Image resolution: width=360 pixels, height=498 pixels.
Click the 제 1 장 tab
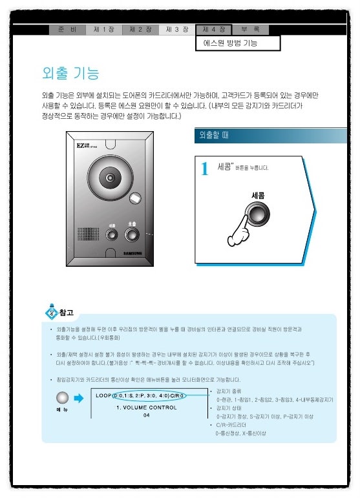(x=104, y=30)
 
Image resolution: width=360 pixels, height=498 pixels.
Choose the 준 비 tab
(x=67, y=30)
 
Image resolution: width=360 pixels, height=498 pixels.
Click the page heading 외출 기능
(x=70, y=73)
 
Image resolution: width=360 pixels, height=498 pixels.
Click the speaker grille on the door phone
(x=86, y=233)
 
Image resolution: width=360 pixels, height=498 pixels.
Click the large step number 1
(x=205, y=169)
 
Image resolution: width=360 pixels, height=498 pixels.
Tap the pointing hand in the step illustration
(x=242, y=230)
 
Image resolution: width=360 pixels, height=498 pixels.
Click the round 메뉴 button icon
(x=62, y=399)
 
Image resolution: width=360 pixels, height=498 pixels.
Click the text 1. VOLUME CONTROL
(x=147, y=408)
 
